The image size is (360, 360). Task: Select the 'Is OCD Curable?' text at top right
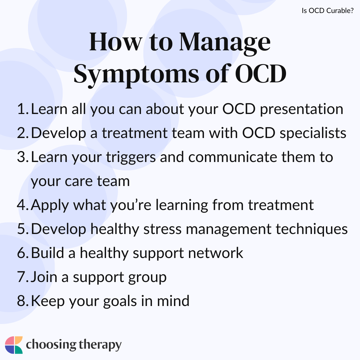pos(328,11)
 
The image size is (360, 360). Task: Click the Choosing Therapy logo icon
pos(14,345)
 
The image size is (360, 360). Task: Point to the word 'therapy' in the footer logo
pos(100,345)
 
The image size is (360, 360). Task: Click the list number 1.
pos(23,109)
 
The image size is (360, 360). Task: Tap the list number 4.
pos(23,205)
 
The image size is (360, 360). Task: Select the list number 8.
pos(23,301)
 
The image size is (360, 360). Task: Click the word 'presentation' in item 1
pos(302,109)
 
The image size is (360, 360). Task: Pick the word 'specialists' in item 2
pos(313,133)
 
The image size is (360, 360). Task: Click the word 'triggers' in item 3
pos(131,158)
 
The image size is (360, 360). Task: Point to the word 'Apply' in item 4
pos(50,205)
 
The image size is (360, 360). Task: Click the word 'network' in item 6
pos(216,253)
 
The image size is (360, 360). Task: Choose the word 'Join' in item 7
pos(44,277)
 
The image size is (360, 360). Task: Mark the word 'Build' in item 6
pos(47,253)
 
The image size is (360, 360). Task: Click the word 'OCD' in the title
pos(261,74)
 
